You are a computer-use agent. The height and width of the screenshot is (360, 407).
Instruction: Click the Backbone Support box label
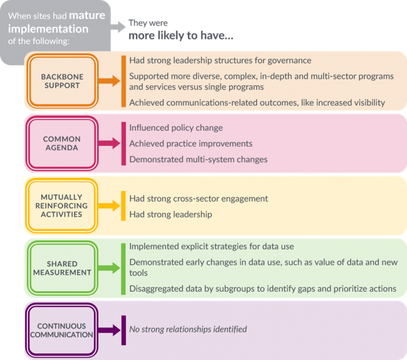coord(62,81)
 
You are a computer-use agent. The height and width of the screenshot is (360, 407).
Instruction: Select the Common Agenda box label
coord(62,143)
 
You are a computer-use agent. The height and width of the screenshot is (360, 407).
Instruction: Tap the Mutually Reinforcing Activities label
coord(61,206)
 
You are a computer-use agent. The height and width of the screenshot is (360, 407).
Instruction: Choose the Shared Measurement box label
coord(62,268)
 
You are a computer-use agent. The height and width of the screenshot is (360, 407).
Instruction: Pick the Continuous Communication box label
coord(61,330)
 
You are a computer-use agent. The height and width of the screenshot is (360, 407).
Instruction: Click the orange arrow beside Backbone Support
coord(109,81)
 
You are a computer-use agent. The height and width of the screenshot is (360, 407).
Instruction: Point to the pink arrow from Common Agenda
coord(109,143)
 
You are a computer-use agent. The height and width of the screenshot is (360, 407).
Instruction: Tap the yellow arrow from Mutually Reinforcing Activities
coord(109,206)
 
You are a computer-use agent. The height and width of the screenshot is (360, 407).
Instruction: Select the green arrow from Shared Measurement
coord(109,268)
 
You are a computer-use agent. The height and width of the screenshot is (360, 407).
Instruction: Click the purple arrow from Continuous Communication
coord(109,330)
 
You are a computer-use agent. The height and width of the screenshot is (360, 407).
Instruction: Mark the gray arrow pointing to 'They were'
coord(118,27)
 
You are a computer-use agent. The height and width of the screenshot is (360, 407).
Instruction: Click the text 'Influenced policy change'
coord(176,128)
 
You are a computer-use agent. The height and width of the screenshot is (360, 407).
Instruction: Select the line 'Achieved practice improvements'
coord(191,143)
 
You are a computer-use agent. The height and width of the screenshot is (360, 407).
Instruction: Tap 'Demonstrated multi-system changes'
coord(198,159)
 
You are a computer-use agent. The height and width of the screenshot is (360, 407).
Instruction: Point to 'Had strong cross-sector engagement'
coord(199,199)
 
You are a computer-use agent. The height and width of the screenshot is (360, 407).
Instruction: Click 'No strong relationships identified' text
coord(188,329)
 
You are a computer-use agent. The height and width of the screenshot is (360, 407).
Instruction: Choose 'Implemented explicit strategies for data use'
coord(211,247)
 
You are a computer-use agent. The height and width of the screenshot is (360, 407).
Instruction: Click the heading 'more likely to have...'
coord(181,35)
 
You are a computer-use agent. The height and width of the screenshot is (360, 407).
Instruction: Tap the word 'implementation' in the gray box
coord(48,29)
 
